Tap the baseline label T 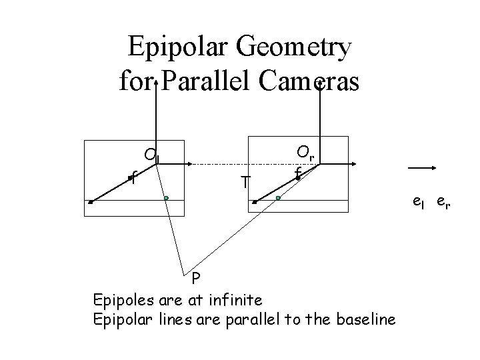[246, 181]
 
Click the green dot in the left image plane [165, 198]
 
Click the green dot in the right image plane [279, 198]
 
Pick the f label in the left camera [133, 178]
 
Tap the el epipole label [418, 201]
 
